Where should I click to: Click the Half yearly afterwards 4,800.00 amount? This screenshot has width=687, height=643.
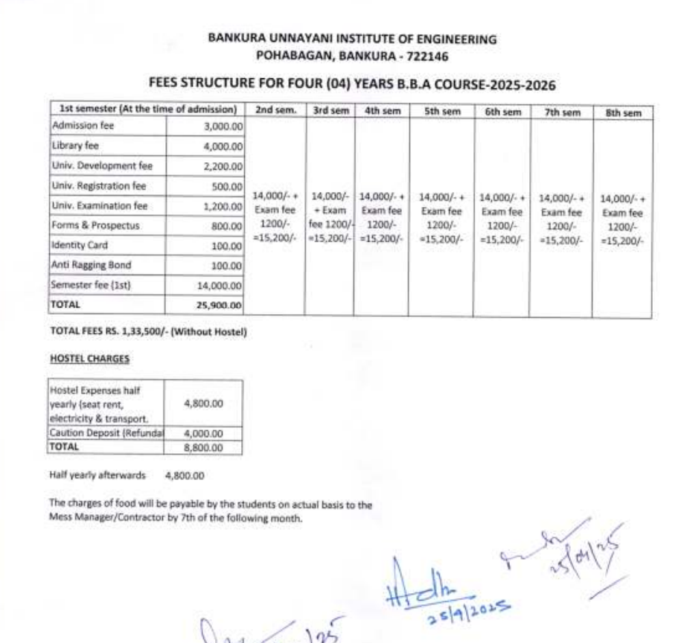click(185, 473)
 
